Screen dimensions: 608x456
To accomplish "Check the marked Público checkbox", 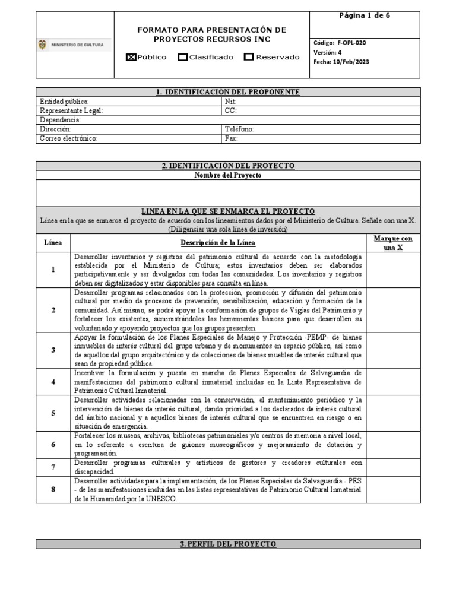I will [131, 57].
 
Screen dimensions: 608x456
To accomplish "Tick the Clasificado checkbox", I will [183, 57].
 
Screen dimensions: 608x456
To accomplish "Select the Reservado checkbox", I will [249, 57].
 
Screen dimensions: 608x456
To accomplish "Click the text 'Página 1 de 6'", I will [365, 16].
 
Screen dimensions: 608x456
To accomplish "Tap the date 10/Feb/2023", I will [351, 62].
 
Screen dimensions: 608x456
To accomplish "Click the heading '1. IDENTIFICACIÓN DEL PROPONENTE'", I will [228, 92].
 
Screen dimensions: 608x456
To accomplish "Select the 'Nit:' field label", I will [231, 102].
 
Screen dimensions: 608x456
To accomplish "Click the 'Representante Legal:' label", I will [71, 110].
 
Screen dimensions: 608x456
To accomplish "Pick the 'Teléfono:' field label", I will [240, 129].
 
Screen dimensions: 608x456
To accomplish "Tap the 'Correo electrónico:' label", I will [68, 138].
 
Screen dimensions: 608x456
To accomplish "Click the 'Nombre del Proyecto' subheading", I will [228, 175].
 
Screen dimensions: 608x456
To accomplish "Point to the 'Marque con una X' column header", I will [393, 243].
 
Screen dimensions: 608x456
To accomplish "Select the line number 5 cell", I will [53, 413].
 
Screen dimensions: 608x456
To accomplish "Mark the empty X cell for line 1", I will [393, 270].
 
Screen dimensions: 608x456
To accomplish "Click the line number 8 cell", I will [53, 490].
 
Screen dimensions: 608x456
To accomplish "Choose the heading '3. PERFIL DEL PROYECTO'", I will [228, 544].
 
